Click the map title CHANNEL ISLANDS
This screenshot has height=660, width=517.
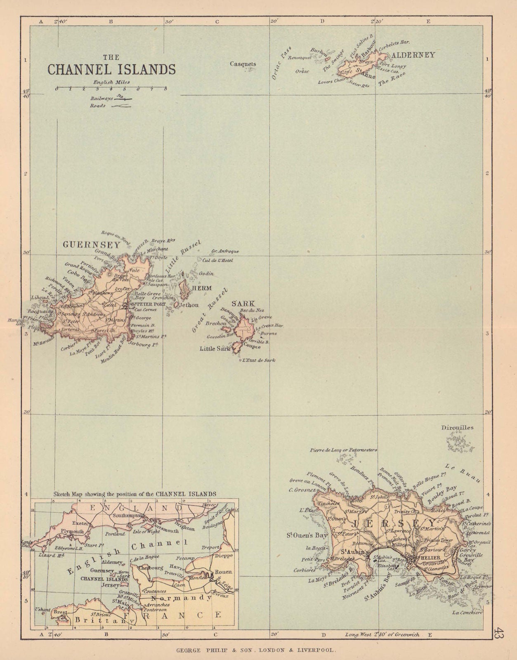tap(111, 68)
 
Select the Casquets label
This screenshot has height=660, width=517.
tap(243, 64)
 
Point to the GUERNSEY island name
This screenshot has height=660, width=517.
tap(91, 245)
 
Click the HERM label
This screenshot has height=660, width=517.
tap(201, 288)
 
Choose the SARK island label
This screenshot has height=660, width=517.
tap(243, 304)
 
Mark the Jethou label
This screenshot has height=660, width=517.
tap(188, 305)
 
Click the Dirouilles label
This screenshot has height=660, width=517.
tap(457, 428)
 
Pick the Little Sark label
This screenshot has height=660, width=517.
tap(215, 349)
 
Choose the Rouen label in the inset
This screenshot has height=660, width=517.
tap(222, 572)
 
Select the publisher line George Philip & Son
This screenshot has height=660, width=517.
tap(258, 651)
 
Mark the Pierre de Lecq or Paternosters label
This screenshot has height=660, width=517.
tap(343, 450)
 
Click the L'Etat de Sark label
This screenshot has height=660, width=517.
tap(259, 360)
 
